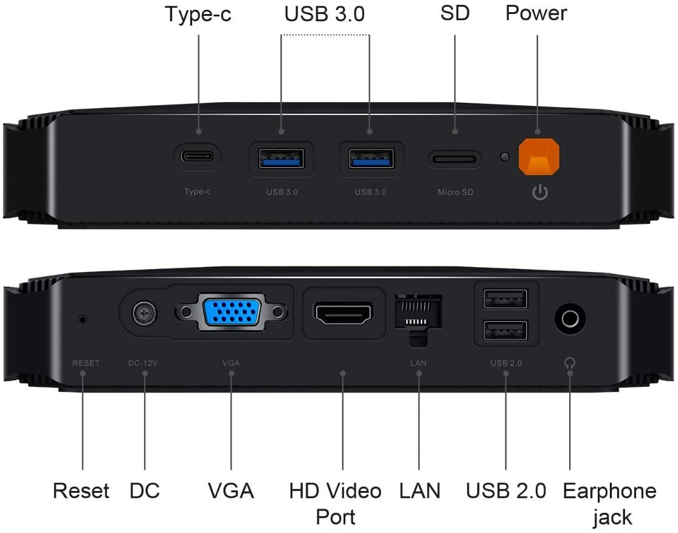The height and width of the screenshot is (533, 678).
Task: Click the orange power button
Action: [539, 156]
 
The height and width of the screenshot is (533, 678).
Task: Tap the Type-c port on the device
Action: [197, 156]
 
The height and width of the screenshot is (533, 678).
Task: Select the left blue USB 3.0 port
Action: [282, 158]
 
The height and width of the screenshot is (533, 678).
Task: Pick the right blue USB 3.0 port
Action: [371, 158]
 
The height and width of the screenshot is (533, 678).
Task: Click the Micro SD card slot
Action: [454, 159]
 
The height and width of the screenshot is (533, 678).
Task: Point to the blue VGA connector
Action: [232, 312]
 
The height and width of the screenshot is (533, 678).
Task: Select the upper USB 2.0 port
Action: [505, 299]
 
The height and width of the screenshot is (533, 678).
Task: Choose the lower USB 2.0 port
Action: [505, 331]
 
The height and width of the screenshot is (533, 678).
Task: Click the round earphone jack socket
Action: [570, 319]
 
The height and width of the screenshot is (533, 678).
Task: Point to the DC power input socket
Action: [145, 313]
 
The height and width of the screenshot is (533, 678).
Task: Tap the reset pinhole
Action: [83, 320]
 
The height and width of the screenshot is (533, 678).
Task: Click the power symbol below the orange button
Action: [540, 192]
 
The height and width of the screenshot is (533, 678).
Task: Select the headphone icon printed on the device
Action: [570, 363]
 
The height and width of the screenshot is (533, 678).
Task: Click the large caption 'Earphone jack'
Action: [610, 504]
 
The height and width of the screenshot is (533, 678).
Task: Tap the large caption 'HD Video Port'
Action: [335, 504]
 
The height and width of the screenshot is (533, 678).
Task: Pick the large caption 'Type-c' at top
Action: [198, 14]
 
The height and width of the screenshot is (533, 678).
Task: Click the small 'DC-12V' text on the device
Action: [143, 363]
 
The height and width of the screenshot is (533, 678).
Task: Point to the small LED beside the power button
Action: [505, 156]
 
